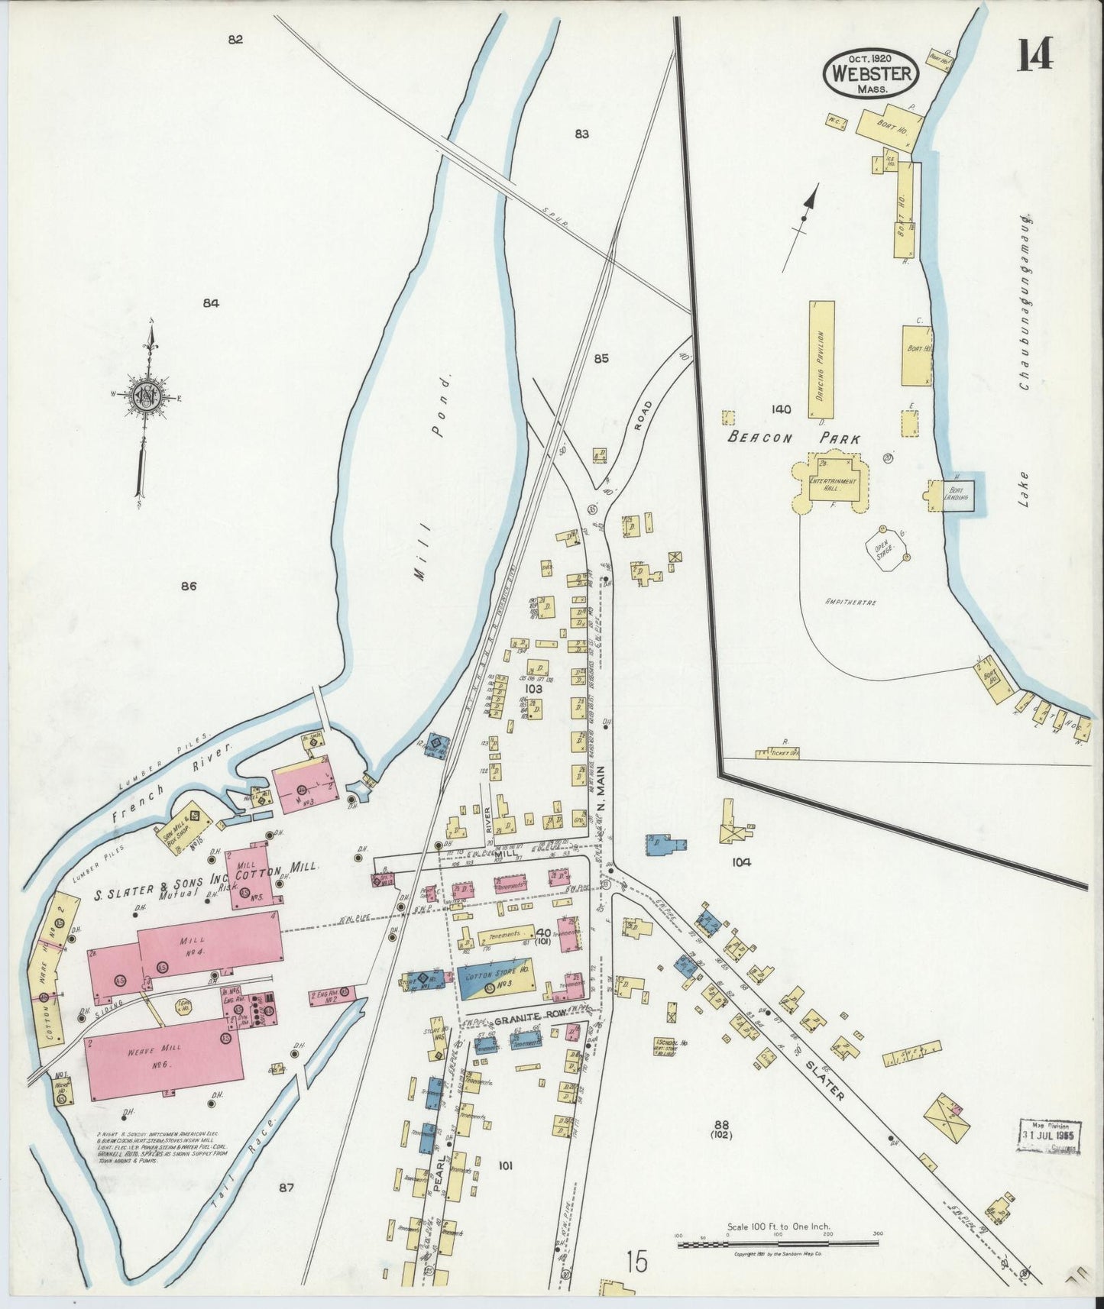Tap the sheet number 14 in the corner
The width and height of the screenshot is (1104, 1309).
(x=1035, y=53)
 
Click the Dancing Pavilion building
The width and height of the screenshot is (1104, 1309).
(x=822, y=357)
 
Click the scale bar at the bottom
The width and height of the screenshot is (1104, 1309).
(x=778, y=1245)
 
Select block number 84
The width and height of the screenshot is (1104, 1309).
(x=211, y=303)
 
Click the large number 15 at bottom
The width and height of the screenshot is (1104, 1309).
(x=637, y=1262)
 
